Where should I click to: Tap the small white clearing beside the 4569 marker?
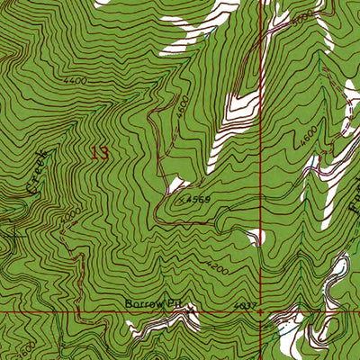174,185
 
